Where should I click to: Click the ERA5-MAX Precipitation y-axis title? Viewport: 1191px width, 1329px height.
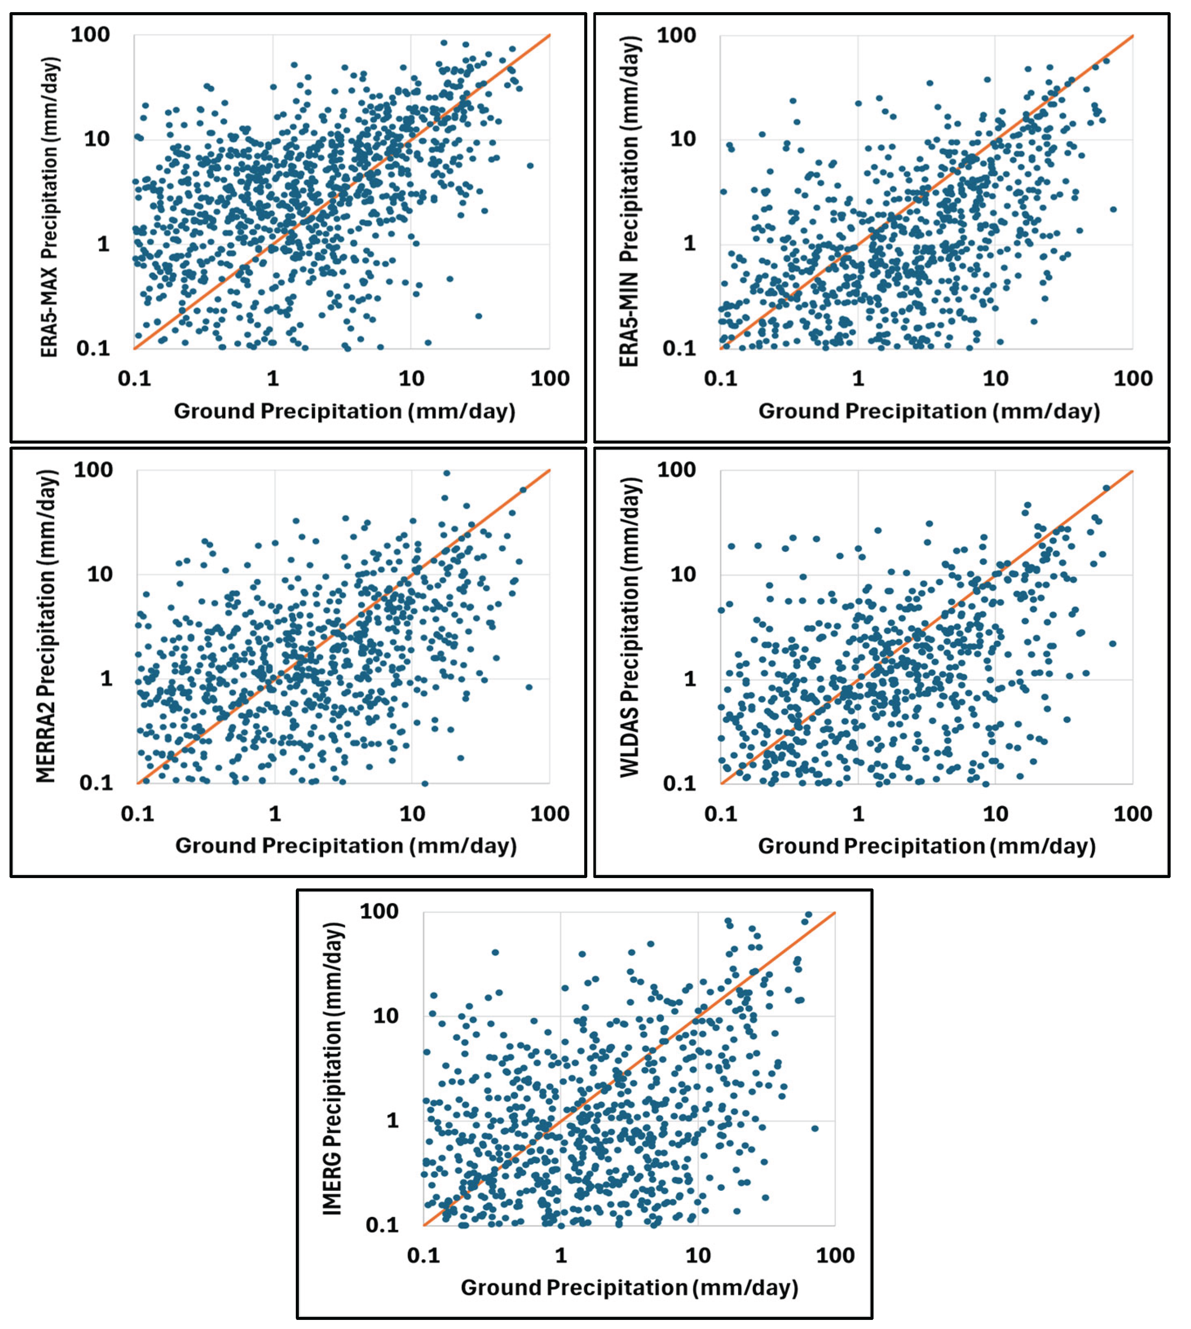pyautogui.click(x=50, y=207)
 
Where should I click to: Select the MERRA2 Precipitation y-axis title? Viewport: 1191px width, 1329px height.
pyautogui.click(x=46, y=626)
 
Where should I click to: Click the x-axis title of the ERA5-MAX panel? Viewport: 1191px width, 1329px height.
pyautogui.click(x=345, y=411)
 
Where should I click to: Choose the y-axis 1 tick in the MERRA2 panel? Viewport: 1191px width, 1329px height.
pyautogui.click(x=106, y=678)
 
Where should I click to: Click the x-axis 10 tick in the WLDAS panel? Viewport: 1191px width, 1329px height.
pyautogui.click(x=995, y=814)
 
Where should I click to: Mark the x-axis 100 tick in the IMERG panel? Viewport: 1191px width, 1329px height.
pyautogui.click(x=835, y=1255)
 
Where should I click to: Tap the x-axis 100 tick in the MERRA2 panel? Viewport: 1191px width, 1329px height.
pyautogui.click(x=550, y=814)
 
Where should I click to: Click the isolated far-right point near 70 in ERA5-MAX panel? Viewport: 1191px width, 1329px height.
pyautogui.click(x=530, y=165)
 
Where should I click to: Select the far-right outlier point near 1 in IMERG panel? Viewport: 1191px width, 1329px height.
pyautogui.click(x=815, y=1128)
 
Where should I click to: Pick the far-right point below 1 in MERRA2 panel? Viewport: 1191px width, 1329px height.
pyautogui.click(x=529, y=687)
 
